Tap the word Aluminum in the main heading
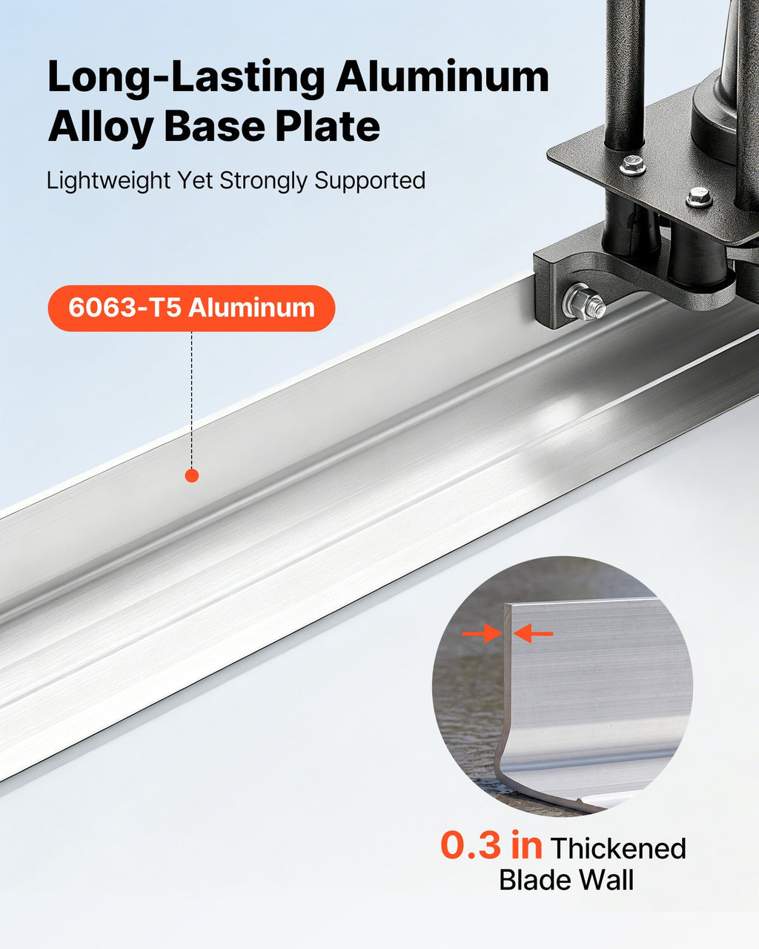[x=443, y=76]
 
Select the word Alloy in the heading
[x=101, y=127]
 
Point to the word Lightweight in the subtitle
[x=108, y=181]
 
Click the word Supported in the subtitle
[x=370, y=181]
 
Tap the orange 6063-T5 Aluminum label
[x=191, y=308]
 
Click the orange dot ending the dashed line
[x=192, y=475]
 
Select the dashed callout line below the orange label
[x=192, y=400]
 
